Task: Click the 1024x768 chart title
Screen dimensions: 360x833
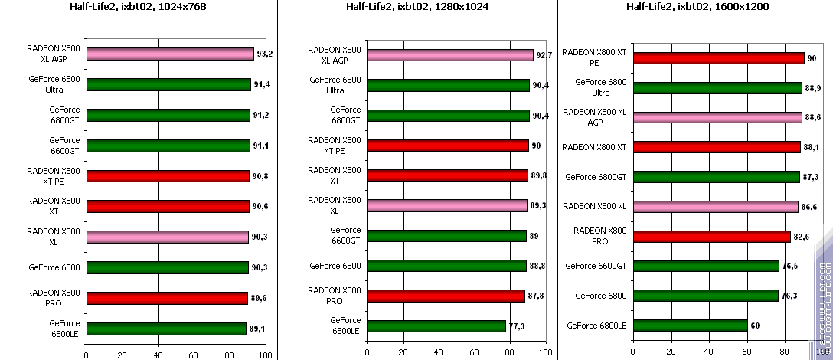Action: [x=139, y=7]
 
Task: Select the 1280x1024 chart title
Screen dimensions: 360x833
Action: [x=420, y=7]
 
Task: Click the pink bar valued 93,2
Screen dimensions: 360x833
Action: [x=170, y=54]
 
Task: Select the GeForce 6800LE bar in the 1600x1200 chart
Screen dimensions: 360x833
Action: [x=691, y=326]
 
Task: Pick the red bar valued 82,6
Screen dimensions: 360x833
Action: [x=712, y=237]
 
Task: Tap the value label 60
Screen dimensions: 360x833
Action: [x=756, y=326]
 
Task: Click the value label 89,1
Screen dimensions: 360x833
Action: [x=259, y=329]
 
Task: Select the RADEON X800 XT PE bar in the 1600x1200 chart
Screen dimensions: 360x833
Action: [x=719, y=58]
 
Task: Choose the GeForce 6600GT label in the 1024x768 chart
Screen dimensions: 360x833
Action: [x=64, y=146]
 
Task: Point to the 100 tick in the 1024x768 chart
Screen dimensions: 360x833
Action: [x=265, y=355]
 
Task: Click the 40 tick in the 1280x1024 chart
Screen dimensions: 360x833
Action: [x=438, y=355]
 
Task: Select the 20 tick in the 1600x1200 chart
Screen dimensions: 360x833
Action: [x=671, y=352]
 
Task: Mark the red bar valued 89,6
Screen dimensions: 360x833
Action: [x=167, y=298]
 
